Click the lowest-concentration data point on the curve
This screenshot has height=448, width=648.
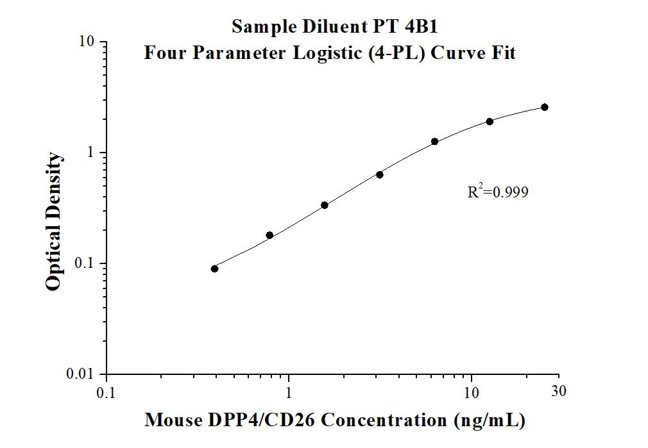(214, 269)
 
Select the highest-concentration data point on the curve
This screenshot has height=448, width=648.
(545, 107)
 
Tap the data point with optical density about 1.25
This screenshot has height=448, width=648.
(434, 142)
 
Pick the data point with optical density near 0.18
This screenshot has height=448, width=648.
(269, 235)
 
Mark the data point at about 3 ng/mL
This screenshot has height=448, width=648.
(380, 174)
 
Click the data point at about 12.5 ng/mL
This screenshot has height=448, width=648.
(490, 121)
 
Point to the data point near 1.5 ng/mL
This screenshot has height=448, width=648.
(325, 205)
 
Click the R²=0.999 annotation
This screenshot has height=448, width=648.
(498, 192)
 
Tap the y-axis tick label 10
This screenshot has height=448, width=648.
(87, 42)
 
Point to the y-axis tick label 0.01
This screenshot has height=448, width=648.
(81, 374)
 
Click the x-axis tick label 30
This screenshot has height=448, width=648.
(559, 390)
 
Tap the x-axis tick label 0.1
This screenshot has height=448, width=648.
(106, 392)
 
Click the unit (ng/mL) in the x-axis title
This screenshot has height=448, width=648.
(489, 420)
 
